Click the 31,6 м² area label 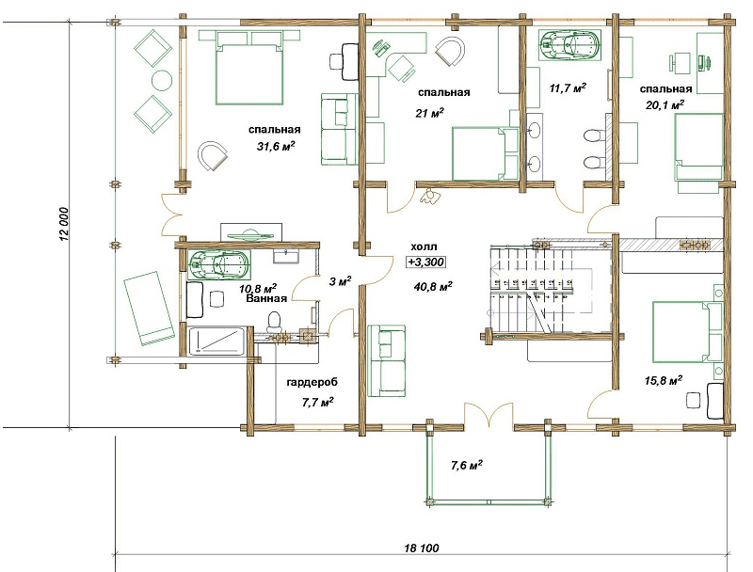click(276, 146)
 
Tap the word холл click(425, 246)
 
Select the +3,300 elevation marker click(425, 262)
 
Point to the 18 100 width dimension click(422, 548)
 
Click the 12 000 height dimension click(65, 224)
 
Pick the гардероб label click(312, 383)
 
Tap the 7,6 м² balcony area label click(466, 466)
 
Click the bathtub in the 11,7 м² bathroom click(570, 45)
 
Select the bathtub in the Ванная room click(219, 265)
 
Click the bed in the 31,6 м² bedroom click(248, 67)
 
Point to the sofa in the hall click(387, 360)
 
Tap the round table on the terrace click(162, 81)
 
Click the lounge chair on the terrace click(149, 308)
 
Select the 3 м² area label click(340, 281)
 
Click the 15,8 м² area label click(664, 381)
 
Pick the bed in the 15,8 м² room click(688, 331)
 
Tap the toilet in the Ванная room click(274, 322)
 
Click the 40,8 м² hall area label click(433, 287)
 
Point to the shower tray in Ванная click(217, 342)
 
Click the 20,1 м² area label click(665, 105)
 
